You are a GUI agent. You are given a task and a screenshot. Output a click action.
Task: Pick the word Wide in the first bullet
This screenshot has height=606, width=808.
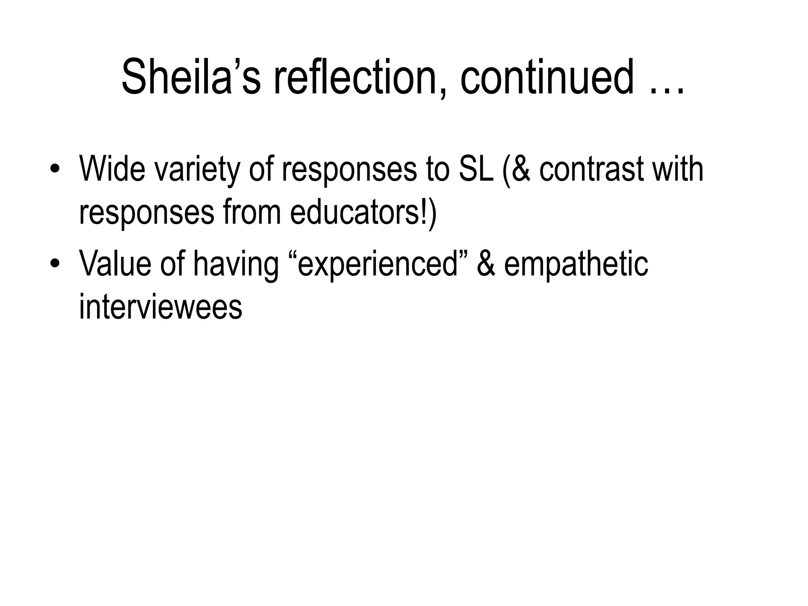pos(112,169)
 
